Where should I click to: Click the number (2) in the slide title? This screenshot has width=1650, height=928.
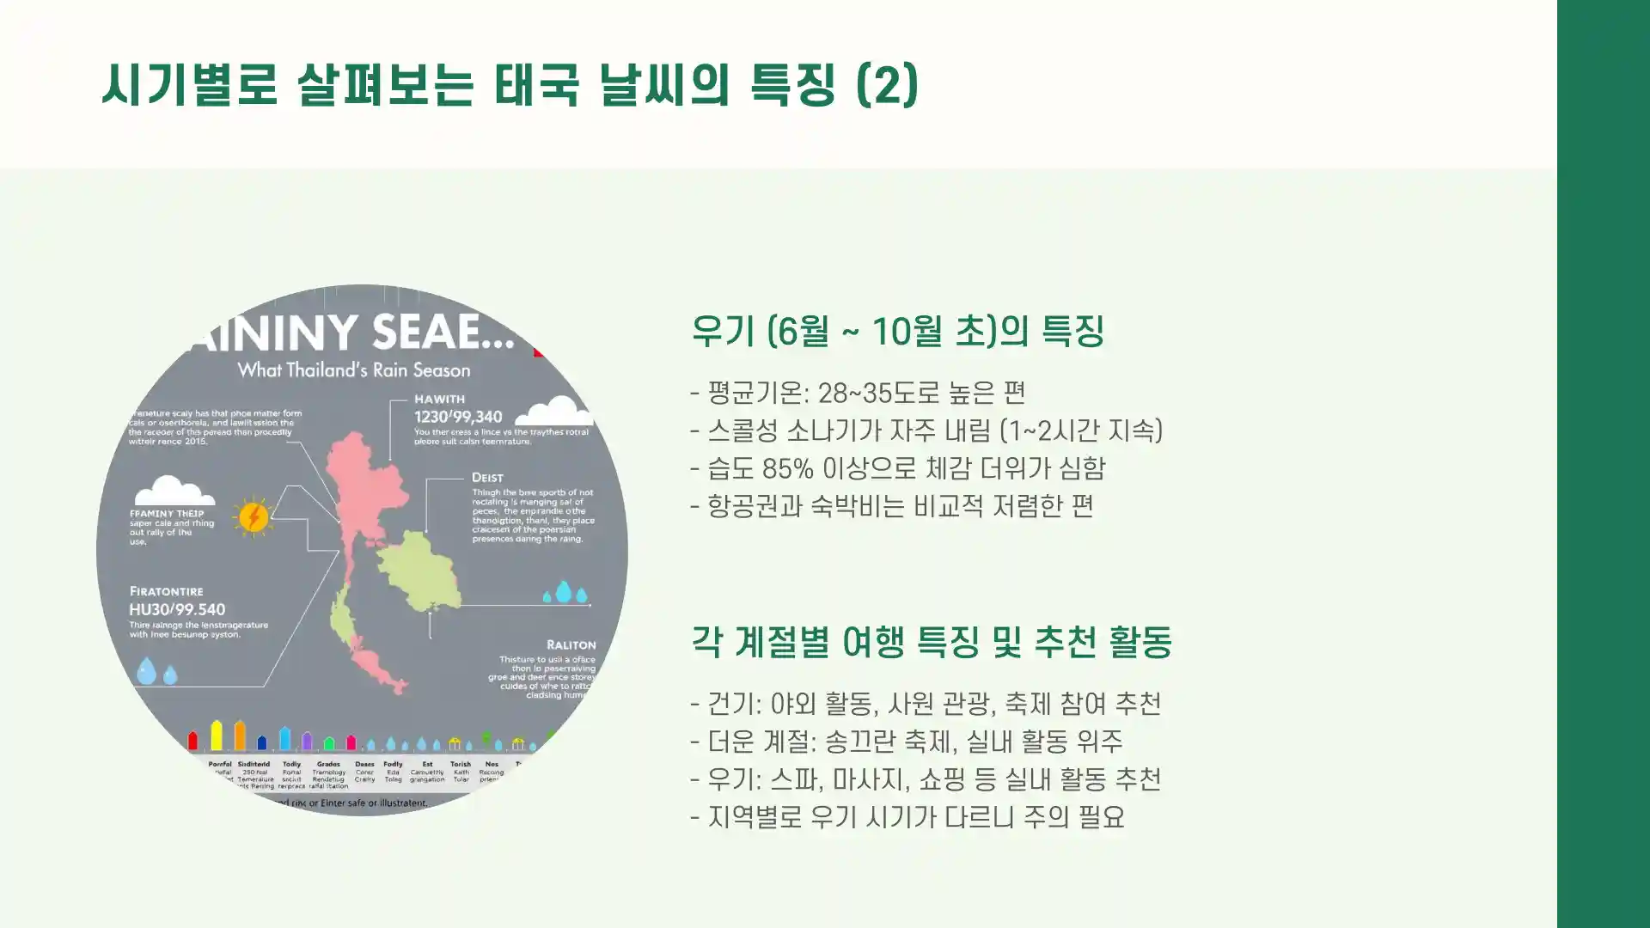888,84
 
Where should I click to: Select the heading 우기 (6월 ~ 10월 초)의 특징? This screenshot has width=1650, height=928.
897,331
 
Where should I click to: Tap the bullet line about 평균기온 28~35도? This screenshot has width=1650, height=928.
858,393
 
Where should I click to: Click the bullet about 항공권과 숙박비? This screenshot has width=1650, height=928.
892,506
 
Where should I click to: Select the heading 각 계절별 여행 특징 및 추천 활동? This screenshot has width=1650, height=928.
932,642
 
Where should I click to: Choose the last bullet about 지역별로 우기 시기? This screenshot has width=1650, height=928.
907,817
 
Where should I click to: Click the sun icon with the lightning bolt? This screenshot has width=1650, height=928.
254,516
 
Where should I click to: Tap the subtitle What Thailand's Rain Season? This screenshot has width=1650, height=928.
354,370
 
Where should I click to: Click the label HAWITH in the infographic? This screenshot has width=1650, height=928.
439,399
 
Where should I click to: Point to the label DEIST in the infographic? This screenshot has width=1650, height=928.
487,478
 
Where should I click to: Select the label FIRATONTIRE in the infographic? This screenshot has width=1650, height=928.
167,591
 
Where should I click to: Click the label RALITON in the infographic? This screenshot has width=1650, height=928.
571,644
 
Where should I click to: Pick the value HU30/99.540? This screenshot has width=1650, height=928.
177,609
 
